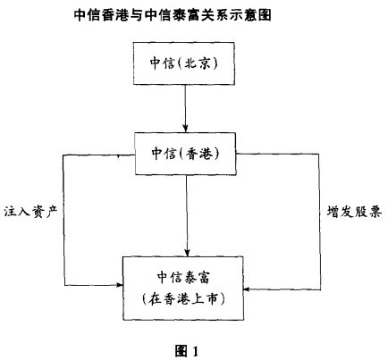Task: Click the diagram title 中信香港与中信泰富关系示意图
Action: [173, 15]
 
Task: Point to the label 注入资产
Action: [30, 212]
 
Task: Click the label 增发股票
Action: [354, 212]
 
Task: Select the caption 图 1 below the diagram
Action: [187, 351]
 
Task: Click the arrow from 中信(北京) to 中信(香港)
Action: [185, 109]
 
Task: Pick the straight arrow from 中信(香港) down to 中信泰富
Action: [187, 215]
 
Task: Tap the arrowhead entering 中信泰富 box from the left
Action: [120, 285]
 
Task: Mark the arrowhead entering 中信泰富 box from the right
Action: [247, 289]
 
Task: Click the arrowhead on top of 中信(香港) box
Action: [185, 129]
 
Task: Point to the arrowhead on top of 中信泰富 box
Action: [187, 253]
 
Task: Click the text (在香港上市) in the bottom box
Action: [183, 299]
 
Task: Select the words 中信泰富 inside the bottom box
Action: [183, 277]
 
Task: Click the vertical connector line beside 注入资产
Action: [63, 220]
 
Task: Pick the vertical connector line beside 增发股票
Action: [320, 222]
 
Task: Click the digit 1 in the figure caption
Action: [195, 352]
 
